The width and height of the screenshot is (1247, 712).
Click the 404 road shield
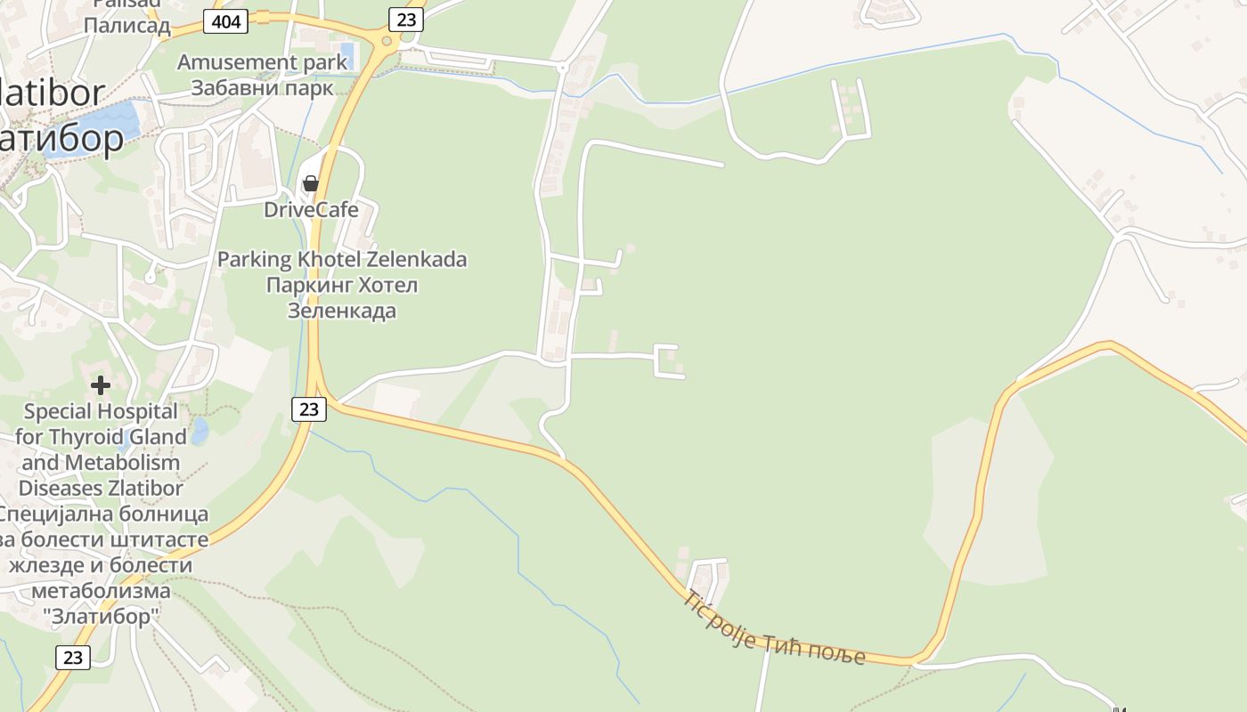coord(225,21)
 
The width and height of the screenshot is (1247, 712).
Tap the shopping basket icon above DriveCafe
coord(310,183)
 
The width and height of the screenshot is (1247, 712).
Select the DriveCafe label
coord(311,210)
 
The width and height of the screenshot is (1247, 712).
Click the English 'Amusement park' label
coord(262,62)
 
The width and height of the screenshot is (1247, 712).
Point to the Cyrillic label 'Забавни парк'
coord(262,88)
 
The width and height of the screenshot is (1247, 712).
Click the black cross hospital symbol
coord(101,385)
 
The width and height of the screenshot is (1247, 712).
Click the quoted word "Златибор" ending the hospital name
coord(101,616)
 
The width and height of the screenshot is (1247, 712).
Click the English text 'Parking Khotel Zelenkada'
coord(342,260)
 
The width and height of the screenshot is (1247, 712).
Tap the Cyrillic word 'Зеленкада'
coord(342,311)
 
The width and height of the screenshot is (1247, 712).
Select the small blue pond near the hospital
coord(200,432)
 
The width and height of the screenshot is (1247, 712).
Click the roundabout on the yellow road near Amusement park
coord(387,41)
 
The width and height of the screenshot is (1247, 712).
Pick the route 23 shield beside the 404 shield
coord(405,20)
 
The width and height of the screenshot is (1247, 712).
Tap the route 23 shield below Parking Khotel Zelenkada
coord(309,409)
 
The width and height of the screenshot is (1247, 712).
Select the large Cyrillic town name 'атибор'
coord(62,139)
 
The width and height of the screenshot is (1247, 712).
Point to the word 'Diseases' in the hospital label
coord(58,489)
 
